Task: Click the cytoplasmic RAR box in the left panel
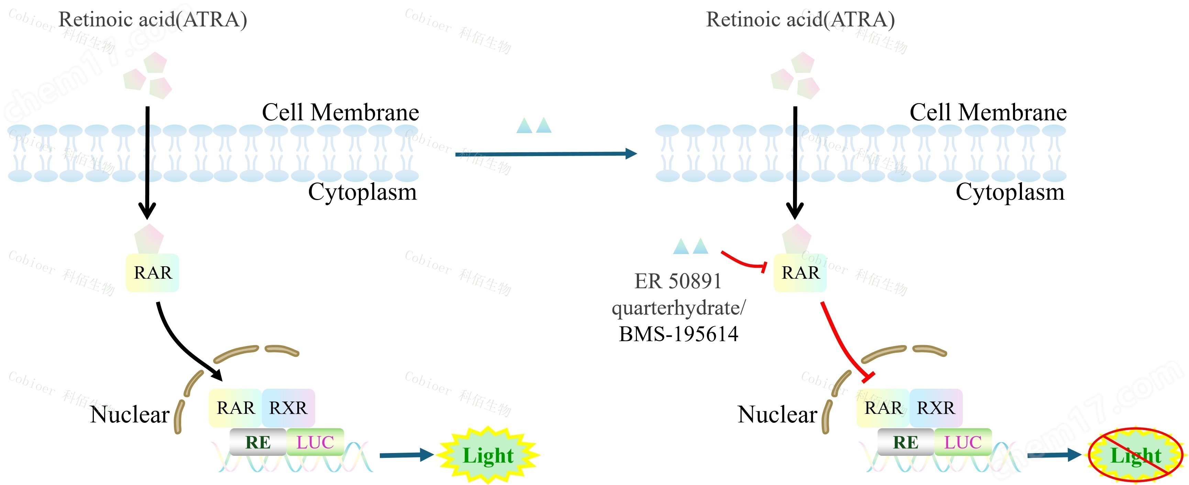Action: coord(152,273)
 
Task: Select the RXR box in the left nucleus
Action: coord(288,408)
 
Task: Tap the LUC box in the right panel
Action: coord(962,442)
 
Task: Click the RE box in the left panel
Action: coord(257,442)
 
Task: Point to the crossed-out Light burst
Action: coord(1135,455)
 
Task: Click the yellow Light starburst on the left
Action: coord(488,455)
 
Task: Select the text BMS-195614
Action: coord(678,334)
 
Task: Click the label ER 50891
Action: coord(678,281)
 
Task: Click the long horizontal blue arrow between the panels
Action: coord(544,154)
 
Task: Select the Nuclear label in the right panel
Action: coord(777,415)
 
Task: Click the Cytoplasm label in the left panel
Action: coord(362,192)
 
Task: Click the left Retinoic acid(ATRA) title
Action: coord(153,20)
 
